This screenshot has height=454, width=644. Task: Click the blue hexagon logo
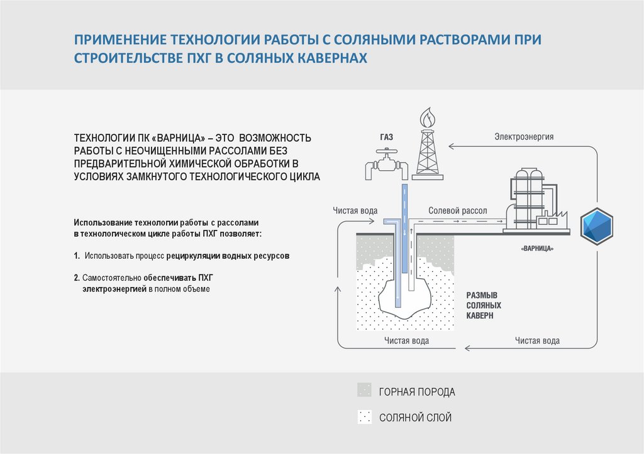(596, 225)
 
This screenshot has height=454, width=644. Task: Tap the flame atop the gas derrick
(427, 117)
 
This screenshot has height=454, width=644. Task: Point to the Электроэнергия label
(524, 136)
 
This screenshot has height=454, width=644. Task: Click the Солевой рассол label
(457, 211)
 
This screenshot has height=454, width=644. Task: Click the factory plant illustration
(534, 201)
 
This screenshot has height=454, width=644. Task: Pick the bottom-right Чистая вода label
(537, 341)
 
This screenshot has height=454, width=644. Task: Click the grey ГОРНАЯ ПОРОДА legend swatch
(364, 391)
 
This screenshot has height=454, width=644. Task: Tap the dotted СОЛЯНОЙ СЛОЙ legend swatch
(364, 417)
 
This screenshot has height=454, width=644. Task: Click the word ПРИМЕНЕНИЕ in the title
(119, 40)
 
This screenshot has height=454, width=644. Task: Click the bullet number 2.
(76, 277)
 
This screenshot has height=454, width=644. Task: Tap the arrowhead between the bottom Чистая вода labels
(468, 347)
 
